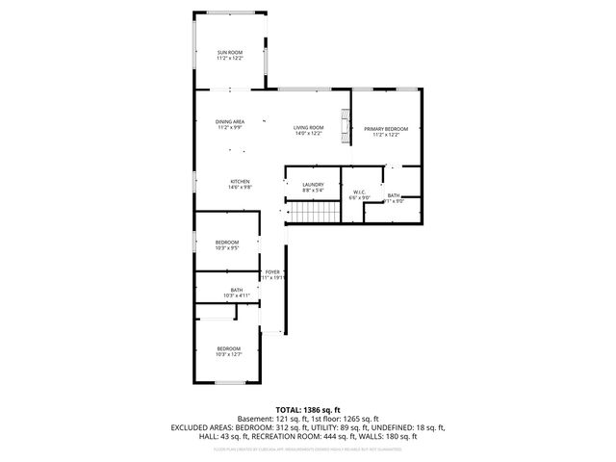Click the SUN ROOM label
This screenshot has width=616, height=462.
[229, 52]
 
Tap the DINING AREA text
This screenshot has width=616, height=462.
[229, 121]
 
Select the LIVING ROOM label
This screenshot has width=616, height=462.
[308, 127]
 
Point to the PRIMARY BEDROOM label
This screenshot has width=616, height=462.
[386, 129]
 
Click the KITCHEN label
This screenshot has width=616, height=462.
[240, 182]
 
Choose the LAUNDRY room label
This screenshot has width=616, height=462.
[313, 185]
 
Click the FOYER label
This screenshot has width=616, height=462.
[272, 272]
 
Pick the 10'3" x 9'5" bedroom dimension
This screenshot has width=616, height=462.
[227, 248]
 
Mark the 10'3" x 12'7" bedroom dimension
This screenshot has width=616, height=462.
[228, 354]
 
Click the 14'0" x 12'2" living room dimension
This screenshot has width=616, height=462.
[308, 134]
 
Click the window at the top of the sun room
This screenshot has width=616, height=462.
[229, 12]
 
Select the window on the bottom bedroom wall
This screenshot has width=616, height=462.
[227, 384]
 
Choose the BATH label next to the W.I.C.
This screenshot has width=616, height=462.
[394, 195]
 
